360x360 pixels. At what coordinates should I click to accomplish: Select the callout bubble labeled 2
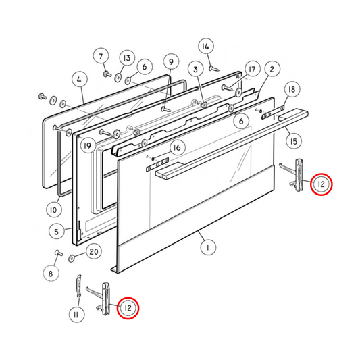tap(272, 69)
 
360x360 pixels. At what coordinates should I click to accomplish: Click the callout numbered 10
tap(53, 210)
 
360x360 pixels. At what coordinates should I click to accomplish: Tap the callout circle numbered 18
tap(291, 91)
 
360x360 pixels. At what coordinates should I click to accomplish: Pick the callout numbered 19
tap(86, 145)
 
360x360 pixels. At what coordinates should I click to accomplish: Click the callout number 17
tap(252, 70)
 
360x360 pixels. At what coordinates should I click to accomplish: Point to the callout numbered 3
tap(195, 69)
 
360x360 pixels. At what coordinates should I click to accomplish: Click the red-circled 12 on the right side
tap(322, 184)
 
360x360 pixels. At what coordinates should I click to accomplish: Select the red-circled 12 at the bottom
tap(127, 309)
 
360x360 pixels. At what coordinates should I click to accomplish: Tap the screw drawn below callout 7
tap(107, 72)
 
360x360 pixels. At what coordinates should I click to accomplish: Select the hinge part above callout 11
tap(79, 287)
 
